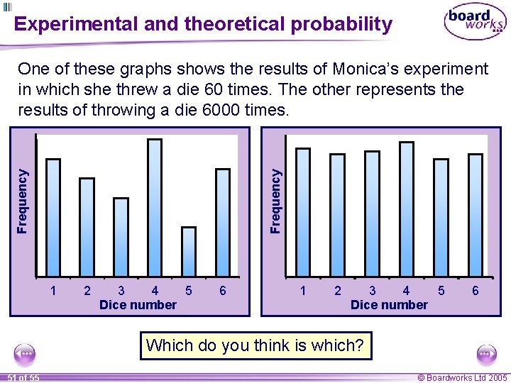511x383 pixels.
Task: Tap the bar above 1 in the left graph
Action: click(53, 217)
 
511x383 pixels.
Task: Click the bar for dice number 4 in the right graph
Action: click(407, 209)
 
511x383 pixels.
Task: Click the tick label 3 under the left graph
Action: click(121, 290)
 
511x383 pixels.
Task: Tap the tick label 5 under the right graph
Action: click(441, 290)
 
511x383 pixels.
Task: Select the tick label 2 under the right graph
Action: click(338, 290)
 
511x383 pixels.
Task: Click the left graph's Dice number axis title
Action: click(138, 305)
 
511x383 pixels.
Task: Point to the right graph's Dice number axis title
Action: click(389, 305)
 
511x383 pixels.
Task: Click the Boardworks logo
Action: click(475, 23)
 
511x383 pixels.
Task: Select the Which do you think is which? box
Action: click(255, 345)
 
